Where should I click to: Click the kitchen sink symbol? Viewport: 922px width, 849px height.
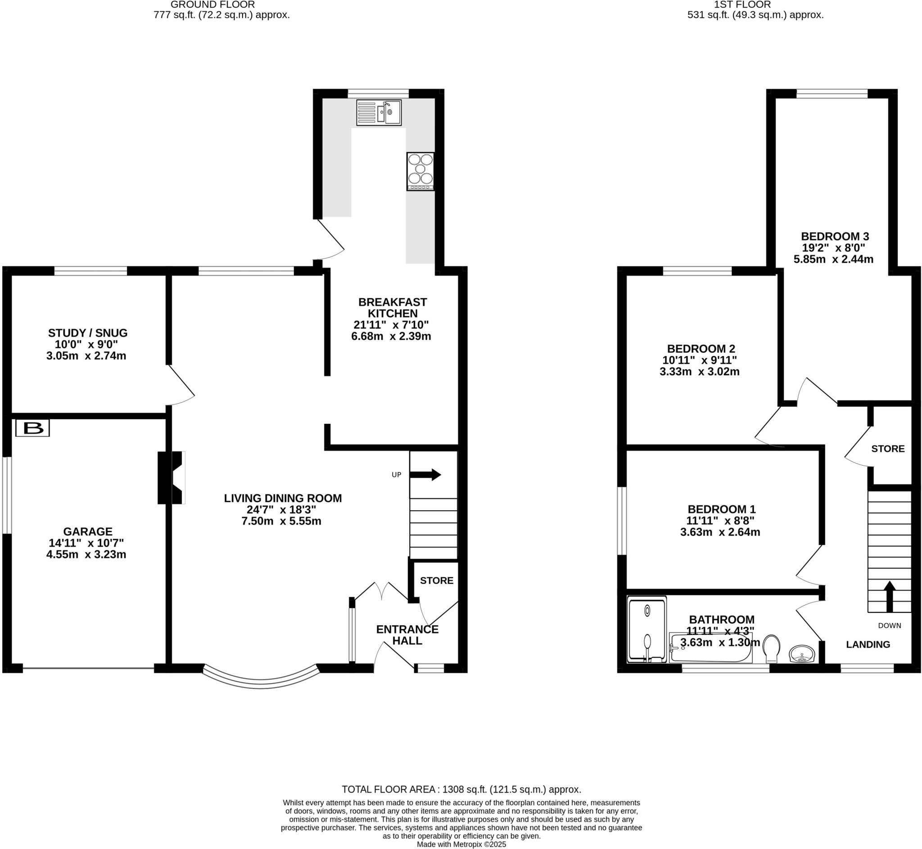[x=379, y=112]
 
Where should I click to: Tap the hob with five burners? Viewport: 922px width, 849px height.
[x=420, y=171]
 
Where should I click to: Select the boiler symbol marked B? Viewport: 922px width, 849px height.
[x=32, y=428]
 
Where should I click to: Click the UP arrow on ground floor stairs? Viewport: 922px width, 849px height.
[x=425, y=475]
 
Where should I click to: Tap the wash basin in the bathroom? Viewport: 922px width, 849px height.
[x=802, y=654]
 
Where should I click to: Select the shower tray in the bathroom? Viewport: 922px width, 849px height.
[x=646, y=629]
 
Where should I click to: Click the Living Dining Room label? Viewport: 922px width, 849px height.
[x=283, y=499]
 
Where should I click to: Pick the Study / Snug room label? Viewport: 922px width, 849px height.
[x=88, y=333]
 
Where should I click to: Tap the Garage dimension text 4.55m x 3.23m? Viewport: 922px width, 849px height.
[x=86, y=554]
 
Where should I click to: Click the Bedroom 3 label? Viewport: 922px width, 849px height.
[x=835, y=237]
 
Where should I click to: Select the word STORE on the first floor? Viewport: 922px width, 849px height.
[x=887, y=449]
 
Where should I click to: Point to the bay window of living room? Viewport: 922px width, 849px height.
[x=261, y=680]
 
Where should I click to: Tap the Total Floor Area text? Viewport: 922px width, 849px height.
[x=461, y=789]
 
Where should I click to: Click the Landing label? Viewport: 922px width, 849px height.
[x=868, y=645]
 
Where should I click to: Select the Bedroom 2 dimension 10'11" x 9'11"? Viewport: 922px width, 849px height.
[x=699, y=360]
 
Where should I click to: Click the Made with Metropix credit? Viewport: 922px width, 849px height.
[x=461, y=845]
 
